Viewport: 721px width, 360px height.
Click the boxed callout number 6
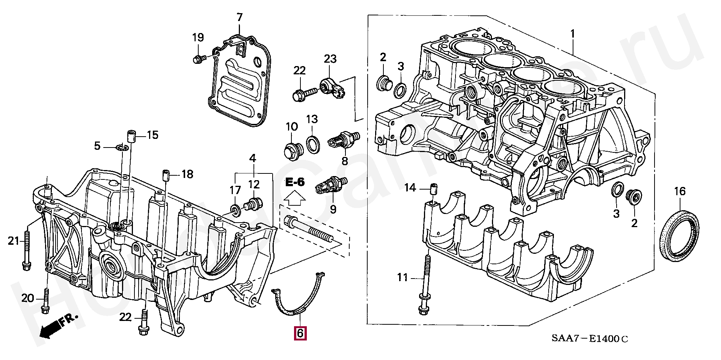point(300,333)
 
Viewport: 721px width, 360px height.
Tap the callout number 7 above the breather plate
point(240,17)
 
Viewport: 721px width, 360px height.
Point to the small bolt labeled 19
point(198,59)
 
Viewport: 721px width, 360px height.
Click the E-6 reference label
point(295,182)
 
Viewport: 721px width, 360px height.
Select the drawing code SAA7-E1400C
point(590,339)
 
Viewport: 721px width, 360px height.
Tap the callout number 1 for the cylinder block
point(573,34)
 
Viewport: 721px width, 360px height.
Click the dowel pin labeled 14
point(433,188)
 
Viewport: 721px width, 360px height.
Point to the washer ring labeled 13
point(313,145)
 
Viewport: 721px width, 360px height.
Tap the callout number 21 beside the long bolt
point(14,241)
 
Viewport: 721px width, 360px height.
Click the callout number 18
point(187,174)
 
